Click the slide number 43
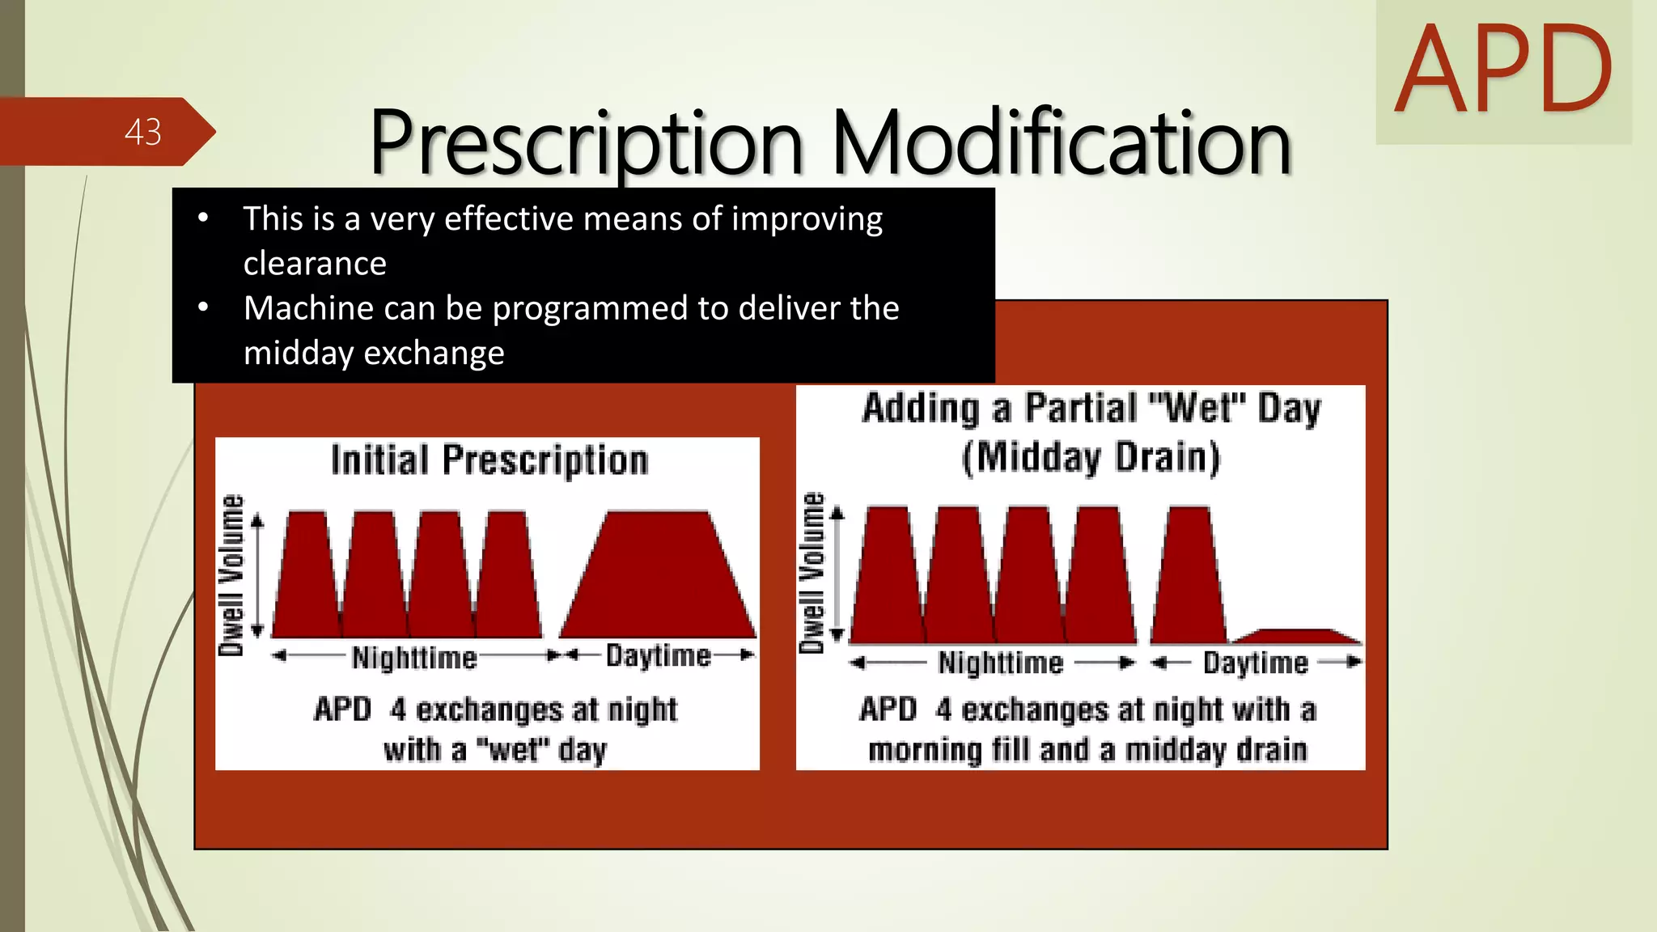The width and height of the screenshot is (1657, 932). coord(143,132)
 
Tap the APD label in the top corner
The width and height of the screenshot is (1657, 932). coord(1503,70)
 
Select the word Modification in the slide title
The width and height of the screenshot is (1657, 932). coord(1061,143)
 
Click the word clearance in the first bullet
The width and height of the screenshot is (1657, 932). coord(315,264)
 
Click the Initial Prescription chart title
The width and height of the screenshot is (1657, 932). coord(489,460)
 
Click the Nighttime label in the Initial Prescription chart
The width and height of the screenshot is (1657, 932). coord(414,657)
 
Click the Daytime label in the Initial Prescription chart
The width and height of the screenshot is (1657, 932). coord(659,655)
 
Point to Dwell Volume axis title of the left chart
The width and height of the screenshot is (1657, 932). coord(231,574)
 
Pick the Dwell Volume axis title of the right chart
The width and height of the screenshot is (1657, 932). coord(812,572)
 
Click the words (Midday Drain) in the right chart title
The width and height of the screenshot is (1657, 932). coord(1091,458)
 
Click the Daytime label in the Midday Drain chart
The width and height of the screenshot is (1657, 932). coord(1255,663)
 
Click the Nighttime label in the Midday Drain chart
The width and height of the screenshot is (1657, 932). coord(1001,663)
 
